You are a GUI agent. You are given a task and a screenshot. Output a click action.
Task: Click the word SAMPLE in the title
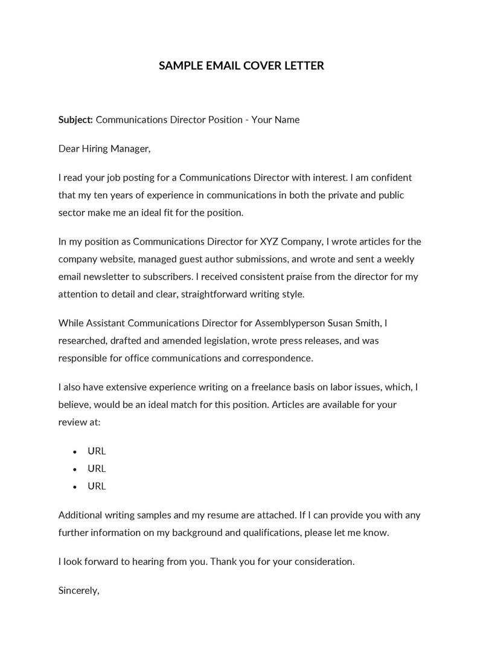[x=178, y=65]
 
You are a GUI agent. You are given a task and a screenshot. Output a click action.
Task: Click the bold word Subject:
[x=75, y=120]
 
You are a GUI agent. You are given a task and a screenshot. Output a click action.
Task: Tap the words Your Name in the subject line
[x=275, y=120]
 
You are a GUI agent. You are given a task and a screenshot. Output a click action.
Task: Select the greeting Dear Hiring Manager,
[x=104, y=149]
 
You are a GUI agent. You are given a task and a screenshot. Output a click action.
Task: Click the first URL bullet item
[x=97, y=451]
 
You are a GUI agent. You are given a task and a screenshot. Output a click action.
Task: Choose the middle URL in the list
[x=97, y=468]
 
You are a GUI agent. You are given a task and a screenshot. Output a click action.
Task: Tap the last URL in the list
[x=97, y=486]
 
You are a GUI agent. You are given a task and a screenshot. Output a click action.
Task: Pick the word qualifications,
[x=271, y=532]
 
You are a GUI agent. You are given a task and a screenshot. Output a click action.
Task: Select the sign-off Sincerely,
[x=78, y=590]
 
